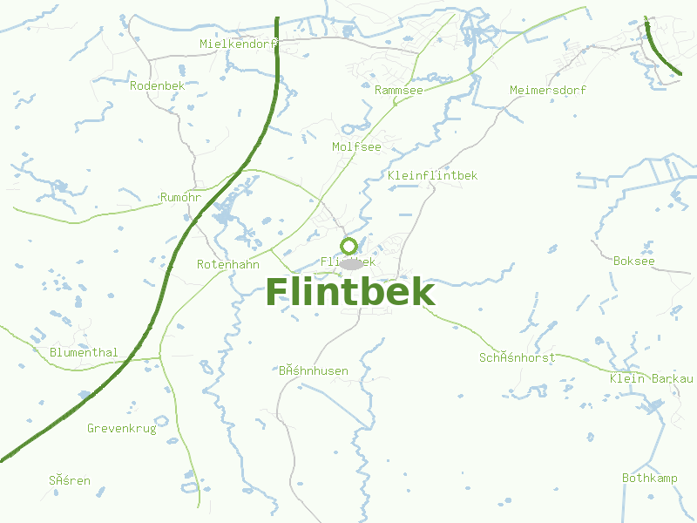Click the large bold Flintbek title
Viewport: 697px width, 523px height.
(349, 292)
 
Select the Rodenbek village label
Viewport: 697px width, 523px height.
(158, 85)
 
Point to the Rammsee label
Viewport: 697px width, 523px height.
(400, 90)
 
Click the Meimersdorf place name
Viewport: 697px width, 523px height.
(548, 90)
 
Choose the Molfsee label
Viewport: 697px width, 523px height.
(356, 146)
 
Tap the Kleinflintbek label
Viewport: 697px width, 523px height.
(433, 175)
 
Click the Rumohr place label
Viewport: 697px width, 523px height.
(181, 198)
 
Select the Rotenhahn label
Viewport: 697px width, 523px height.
(228, 263)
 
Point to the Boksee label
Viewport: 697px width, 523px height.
(633, 261)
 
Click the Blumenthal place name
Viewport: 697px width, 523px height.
(84, 352)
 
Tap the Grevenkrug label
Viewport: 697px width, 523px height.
(121, 428)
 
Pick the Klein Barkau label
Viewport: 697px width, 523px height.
(651, 378)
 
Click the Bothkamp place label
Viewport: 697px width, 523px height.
(649, 478)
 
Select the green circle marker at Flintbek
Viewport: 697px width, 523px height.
(349, 245)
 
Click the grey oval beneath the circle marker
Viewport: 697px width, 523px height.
(350, 263)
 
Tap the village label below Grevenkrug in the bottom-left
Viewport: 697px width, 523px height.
(70, 480)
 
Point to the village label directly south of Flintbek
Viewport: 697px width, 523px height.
(314, 370)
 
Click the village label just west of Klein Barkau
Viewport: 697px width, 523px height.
(517, 357)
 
